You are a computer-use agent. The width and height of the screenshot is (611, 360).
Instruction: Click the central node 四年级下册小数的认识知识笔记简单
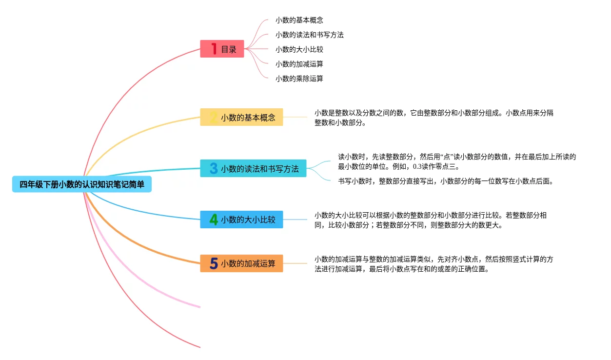(82, 184)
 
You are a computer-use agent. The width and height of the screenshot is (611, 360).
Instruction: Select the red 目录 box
(222, 49)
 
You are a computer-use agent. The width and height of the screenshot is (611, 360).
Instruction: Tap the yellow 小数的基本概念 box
(241, 117)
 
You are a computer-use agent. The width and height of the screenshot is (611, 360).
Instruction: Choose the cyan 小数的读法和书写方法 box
(253, 168)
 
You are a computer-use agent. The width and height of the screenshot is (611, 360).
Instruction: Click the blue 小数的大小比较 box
(241, 220)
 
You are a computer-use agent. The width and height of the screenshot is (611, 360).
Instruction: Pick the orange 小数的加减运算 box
(241, 263)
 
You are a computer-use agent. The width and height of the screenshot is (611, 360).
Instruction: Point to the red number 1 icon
(214, 49)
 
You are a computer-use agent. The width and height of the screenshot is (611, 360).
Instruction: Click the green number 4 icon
(214, 220)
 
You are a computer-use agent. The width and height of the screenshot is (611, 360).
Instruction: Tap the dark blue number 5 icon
(214, 263)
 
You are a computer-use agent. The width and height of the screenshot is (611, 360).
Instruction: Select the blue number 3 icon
(214, 168)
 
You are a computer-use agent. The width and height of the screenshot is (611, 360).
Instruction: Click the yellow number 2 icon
(214, 117)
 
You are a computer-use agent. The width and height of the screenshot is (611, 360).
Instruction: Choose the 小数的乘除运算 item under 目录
(299, 79)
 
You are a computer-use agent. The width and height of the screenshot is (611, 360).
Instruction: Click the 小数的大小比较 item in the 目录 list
(299, 49)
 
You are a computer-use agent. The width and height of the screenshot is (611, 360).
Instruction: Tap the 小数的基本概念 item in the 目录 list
(299, 20)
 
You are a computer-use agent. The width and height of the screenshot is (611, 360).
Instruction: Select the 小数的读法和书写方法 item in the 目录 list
(309, 35)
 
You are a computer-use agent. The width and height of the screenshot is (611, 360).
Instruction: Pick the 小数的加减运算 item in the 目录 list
(299, 64)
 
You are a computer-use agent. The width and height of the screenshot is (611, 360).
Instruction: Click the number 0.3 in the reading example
(418, 166)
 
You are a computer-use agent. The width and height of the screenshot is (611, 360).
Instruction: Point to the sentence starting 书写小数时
(445, 181)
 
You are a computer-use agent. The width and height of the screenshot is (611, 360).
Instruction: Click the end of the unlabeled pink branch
(199, 307)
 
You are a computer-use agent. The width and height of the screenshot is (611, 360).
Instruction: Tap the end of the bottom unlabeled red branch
(199, 347)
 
